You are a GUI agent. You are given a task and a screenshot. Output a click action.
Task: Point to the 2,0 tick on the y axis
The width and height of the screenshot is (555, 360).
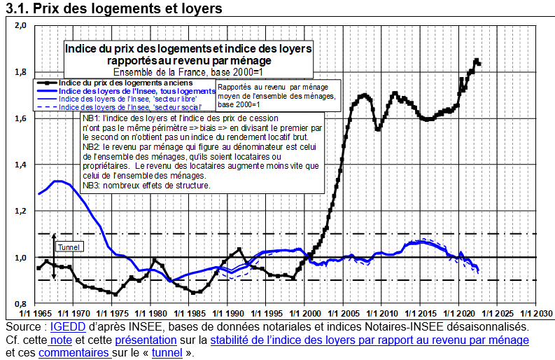[x=20, y=26]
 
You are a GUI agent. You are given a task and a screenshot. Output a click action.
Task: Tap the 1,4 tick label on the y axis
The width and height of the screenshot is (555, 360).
[x=20, y=165]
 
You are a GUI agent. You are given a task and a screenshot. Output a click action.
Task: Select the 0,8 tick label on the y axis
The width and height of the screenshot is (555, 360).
[x=20, y=303]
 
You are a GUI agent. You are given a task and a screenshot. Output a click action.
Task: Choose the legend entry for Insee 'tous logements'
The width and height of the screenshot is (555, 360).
[x=137, y=91]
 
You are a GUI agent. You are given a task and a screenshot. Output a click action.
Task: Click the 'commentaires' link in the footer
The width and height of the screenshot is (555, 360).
[x=73, y=353]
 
